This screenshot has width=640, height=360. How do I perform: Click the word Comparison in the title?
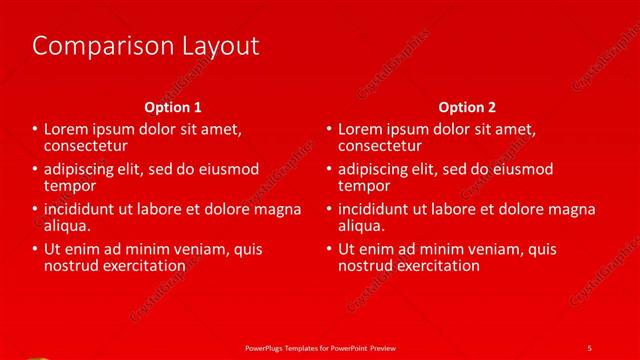(94, 46)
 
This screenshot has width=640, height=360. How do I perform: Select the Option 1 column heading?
(173, 107)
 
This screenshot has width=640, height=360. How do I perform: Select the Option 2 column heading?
(467, 107)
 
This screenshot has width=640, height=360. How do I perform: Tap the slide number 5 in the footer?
(589, 348)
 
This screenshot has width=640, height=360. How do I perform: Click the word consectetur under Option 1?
(87, 146)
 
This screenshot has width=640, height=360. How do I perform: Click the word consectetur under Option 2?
(381, 146)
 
